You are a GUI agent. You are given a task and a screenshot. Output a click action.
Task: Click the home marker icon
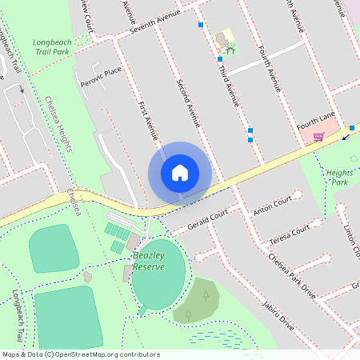click(180, 173)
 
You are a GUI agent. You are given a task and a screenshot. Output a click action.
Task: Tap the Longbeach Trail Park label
click(52, 47)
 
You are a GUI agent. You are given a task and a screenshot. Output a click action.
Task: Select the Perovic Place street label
click(101, 77)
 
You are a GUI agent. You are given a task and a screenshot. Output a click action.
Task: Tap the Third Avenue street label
click(230, 87)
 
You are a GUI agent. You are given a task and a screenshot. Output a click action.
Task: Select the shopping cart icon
click(318, 136)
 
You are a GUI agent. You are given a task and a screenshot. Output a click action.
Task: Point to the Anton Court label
click(269, 210)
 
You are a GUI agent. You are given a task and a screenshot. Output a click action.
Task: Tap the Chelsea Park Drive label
click(292, 276)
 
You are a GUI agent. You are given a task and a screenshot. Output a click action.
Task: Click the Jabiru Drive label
click(278, 314)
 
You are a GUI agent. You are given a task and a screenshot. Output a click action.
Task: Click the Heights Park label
click(341, 177)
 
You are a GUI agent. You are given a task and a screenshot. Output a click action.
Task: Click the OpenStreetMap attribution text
click(80, 354)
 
